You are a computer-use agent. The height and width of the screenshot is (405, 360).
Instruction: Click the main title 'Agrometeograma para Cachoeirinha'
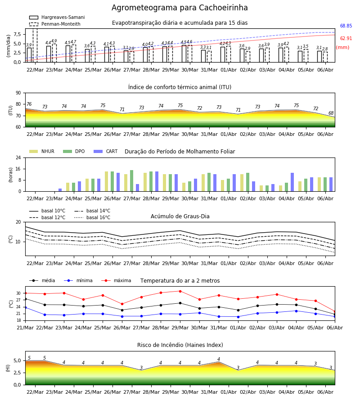180,8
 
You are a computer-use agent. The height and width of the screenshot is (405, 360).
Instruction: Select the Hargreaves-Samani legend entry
57,17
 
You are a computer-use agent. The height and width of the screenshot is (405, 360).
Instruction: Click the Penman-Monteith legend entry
55,24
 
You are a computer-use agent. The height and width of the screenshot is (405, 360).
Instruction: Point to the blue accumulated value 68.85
346,26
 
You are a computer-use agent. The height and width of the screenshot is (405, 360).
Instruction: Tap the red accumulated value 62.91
346,39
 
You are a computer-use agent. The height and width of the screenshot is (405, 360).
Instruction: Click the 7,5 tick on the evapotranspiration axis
17,35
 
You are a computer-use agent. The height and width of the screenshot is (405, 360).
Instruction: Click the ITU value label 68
331,113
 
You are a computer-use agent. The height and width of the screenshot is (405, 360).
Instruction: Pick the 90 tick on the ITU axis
18,93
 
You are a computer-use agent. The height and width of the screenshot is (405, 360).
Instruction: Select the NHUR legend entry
42,151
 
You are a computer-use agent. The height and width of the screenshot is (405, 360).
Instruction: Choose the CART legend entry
106,151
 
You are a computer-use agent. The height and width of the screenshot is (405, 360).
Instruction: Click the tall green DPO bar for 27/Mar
132,181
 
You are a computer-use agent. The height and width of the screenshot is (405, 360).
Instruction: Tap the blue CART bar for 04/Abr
292,182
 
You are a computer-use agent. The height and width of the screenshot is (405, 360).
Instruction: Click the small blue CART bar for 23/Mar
60,190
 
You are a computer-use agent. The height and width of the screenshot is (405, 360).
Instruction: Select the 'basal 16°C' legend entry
92,218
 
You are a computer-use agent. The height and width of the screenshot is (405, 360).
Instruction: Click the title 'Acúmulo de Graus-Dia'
180,216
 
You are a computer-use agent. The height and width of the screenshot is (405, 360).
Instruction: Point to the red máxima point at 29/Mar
180,291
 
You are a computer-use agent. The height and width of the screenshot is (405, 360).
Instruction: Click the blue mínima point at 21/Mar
25,308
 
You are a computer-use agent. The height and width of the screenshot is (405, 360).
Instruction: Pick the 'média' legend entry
42,280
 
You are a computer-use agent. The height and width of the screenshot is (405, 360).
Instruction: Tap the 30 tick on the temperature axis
18,293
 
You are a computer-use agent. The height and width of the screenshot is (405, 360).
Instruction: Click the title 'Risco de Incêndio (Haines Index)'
180,345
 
